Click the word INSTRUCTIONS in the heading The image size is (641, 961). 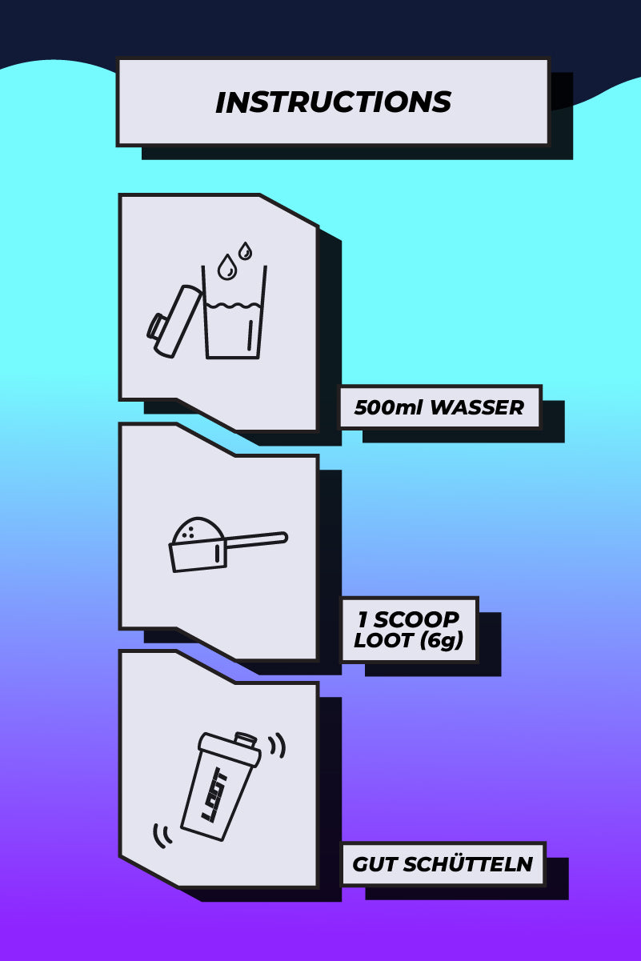pyautogui.click(x=333, y=102)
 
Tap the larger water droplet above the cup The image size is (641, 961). pyautogui.click(x=227, y=268)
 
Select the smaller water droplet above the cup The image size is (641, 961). pyautogui.click(x=245, y=250)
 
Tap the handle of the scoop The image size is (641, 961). pyautogui.click(x=256, y=540)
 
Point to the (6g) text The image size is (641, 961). pyautogui.click(x=440, y=641)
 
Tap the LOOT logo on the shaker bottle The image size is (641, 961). pyautogui.click(x=214, y=795)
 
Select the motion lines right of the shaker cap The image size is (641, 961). pyautogui.click(x=277, y=746)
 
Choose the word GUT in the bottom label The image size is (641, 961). pyautogui.click(x=372, y=865)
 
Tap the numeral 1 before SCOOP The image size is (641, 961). pyautogui.click(x=362, y=619)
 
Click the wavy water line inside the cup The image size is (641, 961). pyautogui.click(x=233, y=306)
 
